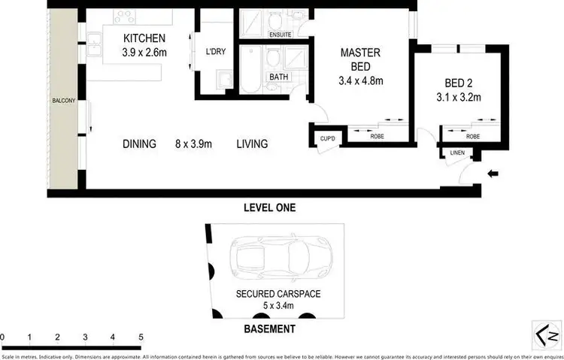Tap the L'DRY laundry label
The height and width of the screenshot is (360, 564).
coord(215,52)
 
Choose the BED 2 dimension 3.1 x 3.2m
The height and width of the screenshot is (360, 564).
coord(458,97)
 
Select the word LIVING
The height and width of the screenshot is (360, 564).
coord(252,144)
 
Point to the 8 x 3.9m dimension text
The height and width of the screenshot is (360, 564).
coord(195,144)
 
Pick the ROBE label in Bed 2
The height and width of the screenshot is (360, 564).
coord(472,137)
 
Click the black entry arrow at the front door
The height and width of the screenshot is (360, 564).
coord(493,174)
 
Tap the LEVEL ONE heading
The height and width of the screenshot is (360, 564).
coord(269,207)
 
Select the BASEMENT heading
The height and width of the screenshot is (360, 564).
coord(269,329)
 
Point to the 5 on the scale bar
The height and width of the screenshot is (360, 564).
coord(141,337)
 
